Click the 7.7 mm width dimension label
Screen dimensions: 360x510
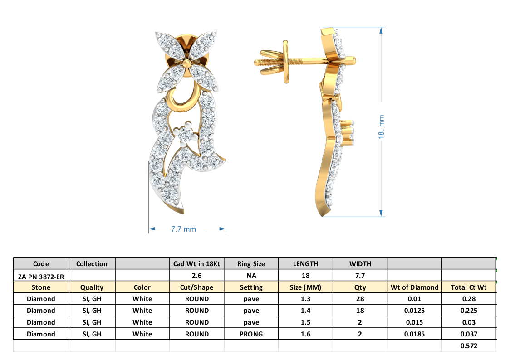pos(183,229)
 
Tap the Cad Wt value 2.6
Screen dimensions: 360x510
pos(196,275)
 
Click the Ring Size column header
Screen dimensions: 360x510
pos(251,263)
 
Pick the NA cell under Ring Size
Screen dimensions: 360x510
pos(251,275)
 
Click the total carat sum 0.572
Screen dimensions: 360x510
pos(468,345)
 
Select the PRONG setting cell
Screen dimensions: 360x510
pos(251,334)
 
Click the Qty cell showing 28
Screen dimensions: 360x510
pos(359,299)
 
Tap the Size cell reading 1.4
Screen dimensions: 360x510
pos(305,311)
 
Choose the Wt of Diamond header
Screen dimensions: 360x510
pos(414,287)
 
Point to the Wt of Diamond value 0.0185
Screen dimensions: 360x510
pos(414,334)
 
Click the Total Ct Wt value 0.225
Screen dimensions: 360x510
pos(468,311)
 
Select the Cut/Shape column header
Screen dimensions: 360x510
pos(196,287)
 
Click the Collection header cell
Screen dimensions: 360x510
pos(92,263)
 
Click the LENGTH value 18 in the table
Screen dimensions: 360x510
pos(305,275)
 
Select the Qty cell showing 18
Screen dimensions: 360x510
pos(359,311)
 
